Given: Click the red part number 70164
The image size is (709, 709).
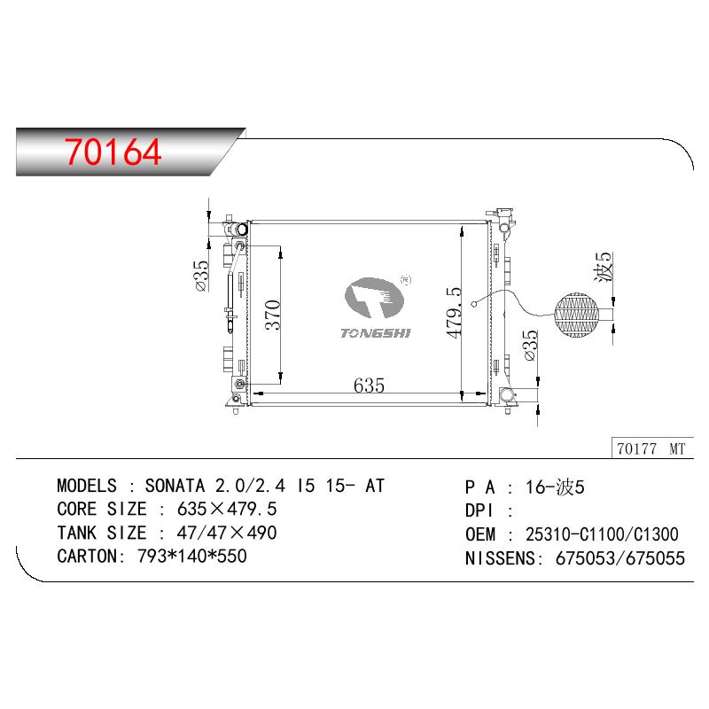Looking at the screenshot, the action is [x=113, y=152].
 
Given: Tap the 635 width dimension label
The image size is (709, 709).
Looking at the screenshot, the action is [x=369, y=386].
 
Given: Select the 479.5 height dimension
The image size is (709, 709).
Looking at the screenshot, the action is [x=454, y=313].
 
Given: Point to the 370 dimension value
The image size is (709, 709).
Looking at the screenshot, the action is [x=273, y=315].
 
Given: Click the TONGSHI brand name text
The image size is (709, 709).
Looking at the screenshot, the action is [x=375, y=333].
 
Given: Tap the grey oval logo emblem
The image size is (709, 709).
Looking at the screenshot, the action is [x=374, y=298].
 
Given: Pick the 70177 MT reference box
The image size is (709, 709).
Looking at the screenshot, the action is [x=652, y=448].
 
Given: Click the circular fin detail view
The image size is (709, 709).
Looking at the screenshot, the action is [x=576, y=315].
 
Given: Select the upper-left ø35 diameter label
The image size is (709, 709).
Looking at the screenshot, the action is [x=201, y=276].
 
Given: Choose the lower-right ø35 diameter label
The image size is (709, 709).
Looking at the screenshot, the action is [x=530, y=346].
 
